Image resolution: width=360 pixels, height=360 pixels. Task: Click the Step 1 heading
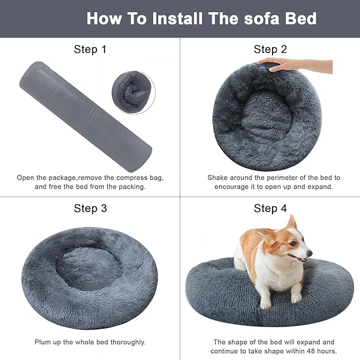tap(90, 49)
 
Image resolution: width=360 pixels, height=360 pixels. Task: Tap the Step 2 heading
tap(270, 49)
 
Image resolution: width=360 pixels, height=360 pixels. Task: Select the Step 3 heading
tap(90, 208)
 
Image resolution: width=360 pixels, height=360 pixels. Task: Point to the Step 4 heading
tap(270, 208)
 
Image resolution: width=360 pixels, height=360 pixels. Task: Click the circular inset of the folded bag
tap(133, 91)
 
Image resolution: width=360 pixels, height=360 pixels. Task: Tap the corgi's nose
tap(310, 253)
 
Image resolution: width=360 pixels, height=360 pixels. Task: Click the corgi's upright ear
tap(291, 223)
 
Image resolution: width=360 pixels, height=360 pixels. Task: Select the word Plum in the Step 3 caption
tap(43, 342)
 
